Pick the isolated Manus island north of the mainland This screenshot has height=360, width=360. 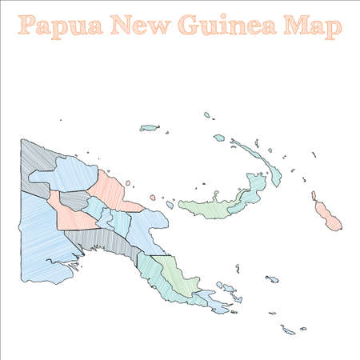150,127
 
